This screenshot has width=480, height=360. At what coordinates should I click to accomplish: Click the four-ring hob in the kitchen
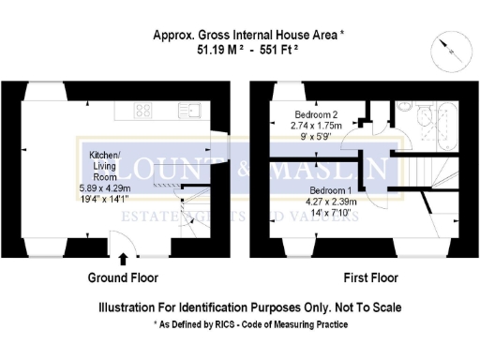pyautogui.click(x=143, y=110)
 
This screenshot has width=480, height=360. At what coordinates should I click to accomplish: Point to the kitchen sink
pyautogui.click(x=190, y=110)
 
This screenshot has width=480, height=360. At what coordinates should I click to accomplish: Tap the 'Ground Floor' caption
pyautogui.click(x=123, y=278)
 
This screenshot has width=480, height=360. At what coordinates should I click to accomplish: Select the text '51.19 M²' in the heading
pyautogui.click(x=206, y=52)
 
